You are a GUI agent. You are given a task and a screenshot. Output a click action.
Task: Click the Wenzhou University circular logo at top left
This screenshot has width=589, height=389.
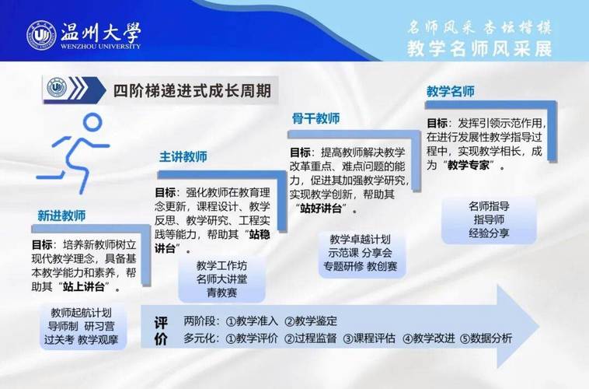click(41, 34)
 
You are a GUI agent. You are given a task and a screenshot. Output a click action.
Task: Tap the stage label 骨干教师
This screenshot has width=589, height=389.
click(315, 118)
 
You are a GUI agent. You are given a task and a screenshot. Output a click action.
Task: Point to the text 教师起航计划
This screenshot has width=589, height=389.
click(82, 312)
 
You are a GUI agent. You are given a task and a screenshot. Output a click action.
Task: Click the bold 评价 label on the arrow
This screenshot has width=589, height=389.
click(161, 330)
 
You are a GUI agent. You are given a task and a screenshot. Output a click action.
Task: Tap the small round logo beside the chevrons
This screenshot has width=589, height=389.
click(57, 87)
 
